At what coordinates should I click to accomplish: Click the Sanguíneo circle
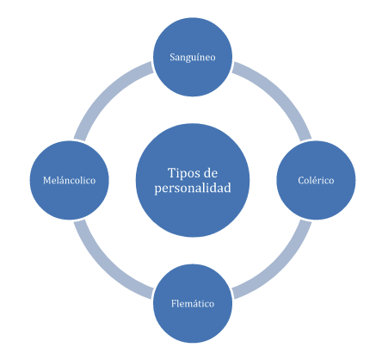[x=193, y=57]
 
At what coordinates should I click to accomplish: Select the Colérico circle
[x=316, y=180]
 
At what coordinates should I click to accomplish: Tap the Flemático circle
[x=193, y=303]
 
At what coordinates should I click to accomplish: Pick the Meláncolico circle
[x=70, y=180]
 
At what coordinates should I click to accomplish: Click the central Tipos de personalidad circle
[x=193, y=180]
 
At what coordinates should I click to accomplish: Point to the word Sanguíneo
[x=193, y=58]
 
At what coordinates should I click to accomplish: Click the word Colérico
[x=316, y=180]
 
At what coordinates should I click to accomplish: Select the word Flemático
[x=193, y=303]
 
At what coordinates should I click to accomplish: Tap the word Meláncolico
[x=70, y=180]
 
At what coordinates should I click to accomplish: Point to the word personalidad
[x=193, y=189]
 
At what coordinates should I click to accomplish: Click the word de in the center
[x=210, y=173]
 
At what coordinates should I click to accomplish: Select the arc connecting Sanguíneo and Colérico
[x=279, y=94]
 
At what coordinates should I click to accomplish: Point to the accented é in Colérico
[x=312, y=180]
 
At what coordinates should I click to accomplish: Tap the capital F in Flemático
[x=174, y=303]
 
